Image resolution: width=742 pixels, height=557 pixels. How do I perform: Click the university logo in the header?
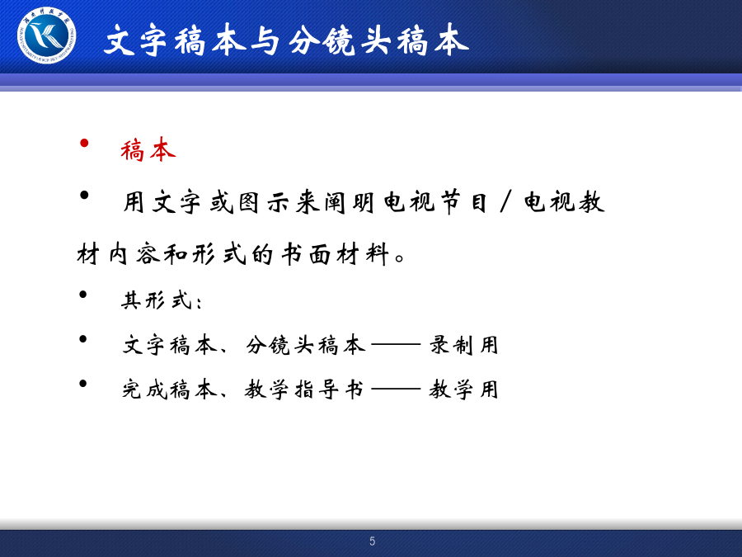(x=46, y=35)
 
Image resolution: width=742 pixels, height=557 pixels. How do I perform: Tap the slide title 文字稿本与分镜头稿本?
(x=287, y=40)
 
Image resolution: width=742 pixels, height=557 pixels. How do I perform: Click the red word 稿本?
(x=148, y=149)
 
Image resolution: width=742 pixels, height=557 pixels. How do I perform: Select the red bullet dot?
(x=84, y=143)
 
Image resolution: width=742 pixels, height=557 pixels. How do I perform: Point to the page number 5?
(x=373, y=540)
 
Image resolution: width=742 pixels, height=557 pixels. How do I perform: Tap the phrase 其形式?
(x=157, y=300)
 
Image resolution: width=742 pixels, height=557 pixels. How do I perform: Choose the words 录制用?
(x=463, y=345)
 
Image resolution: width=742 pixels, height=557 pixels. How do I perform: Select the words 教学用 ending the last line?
(x=463, y=389)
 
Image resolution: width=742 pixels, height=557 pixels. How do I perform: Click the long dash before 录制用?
(x=396, y=345)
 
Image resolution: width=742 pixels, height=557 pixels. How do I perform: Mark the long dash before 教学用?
(x=396, y=389)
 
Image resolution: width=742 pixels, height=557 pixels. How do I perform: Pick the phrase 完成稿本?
(x=169, y=389)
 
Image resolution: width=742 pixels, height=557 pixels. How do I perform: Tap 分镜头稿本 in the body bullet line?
(x=306, y=345)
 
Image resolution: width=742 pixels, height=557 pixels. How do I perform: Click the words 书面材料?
(x=336, y=254)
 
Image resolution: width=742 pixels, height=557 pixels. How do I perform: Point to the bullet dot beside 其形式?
(x=83, y=295)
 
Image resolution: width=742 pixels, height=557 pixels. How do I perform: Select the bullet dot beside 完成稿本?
(x=83, y=384)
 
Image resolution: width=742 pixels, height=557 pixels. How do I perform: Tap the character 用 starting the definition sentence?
(x=134, y=202)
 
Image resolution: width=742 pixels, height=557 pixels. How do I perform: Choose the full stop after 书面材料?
(x=399, y=258)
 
